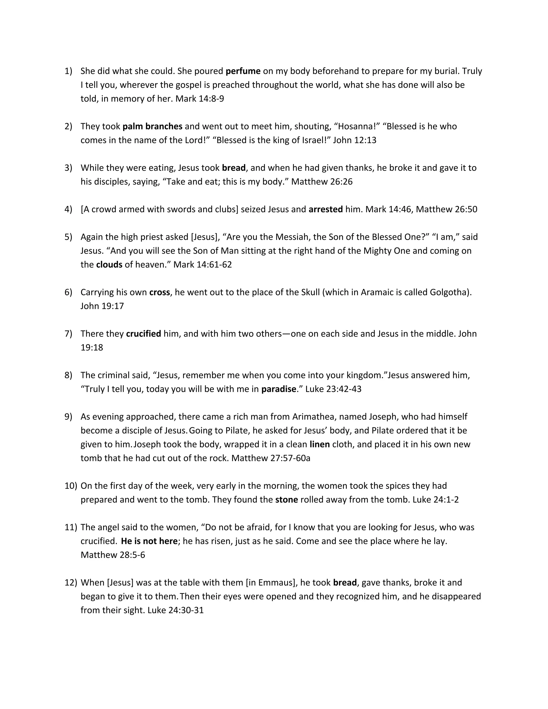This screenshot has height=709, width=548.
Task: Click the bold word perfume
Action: tap(243, 71)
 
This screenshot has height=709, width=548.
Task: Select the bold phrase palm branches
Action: tap(152, 126)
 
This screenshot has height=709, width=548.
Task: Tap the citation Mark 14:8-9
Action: tap(200, 99)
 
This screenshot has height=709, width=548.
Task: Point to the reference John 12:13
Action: tap(355, 140)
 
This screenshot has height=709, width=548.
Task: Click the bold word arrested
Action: tap(326, 209)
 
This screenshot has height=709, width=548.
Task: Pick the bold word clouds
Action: tap(109, 265)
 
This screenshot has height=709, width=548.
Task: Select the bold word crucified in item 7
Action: tap(143, 334)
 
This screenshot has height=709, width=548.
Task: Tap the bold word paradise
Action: tap(279, 389)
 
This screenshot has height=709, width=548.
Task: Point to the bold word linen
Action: tap(320, 444)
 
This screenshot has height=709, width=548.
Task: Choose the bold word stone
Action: tap(286, 500)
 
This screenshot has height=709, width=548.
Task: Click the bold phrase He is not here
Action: tap(149, 541)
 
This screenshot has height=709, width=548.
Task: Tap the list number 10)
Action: tap(71, 486)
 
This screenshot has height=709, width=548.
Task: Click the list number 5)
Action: tap(68, 237)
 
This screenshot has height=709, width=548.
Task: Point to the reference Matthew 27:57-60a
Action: tap(271, 458)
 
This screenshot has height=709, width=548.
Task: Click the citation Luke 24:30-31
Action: tap(176, 610)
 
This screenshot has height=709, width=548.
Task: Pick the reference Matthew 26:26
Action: tap(322, 182)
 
